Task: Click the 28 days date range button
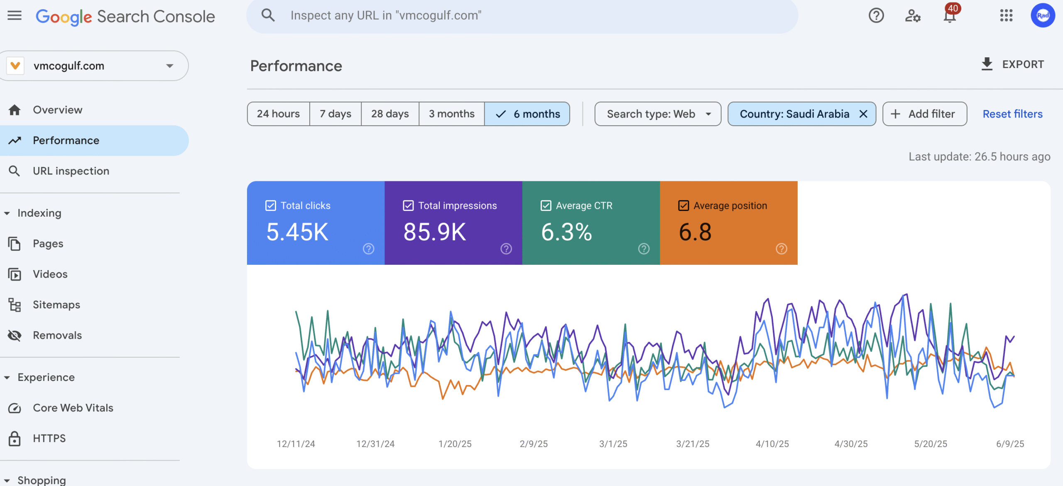pyautogui.click(x=389, y=114)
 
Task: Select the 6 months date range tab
pyautogui.click(x=527, y=114)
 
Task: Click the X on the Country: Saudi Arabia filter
pyautogui.click(x=863, y=114)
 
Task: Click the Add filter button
pyautogui.click(x=924, y=114)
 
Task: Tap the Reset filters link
pyautogui.click(x=1012, y=114)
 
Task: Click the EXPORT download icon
pyautogui.click(x=987, y=64)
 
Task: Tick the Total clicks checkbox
pyautogui.click(x=271, y=205)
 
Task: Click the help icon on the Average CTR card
pyautogui.click(x=644, y=249)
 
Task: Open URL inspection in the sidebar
pyautogui.click(x=71, y=171)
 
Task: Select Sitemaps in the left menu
pyautogui.click(x=56, y=305)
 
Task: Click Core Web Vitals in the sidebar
pyautogui.click(x=73, y=408)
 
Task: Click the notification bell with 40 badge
pyautogui.click(x=950, y=16)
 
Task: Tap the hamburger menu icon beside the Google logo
pyautogui.click(x=15, y=16)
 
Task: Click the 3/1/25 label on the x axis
pyautogui.click(x=613, y=444)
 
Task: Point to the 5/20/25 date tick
pyautogui.click(x=931, y=444)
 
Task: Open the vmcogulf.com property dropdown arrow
pyautogui.click(x=169, y=66)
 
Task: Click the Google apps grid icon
pyautogui.click(x=1006, y=16)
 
